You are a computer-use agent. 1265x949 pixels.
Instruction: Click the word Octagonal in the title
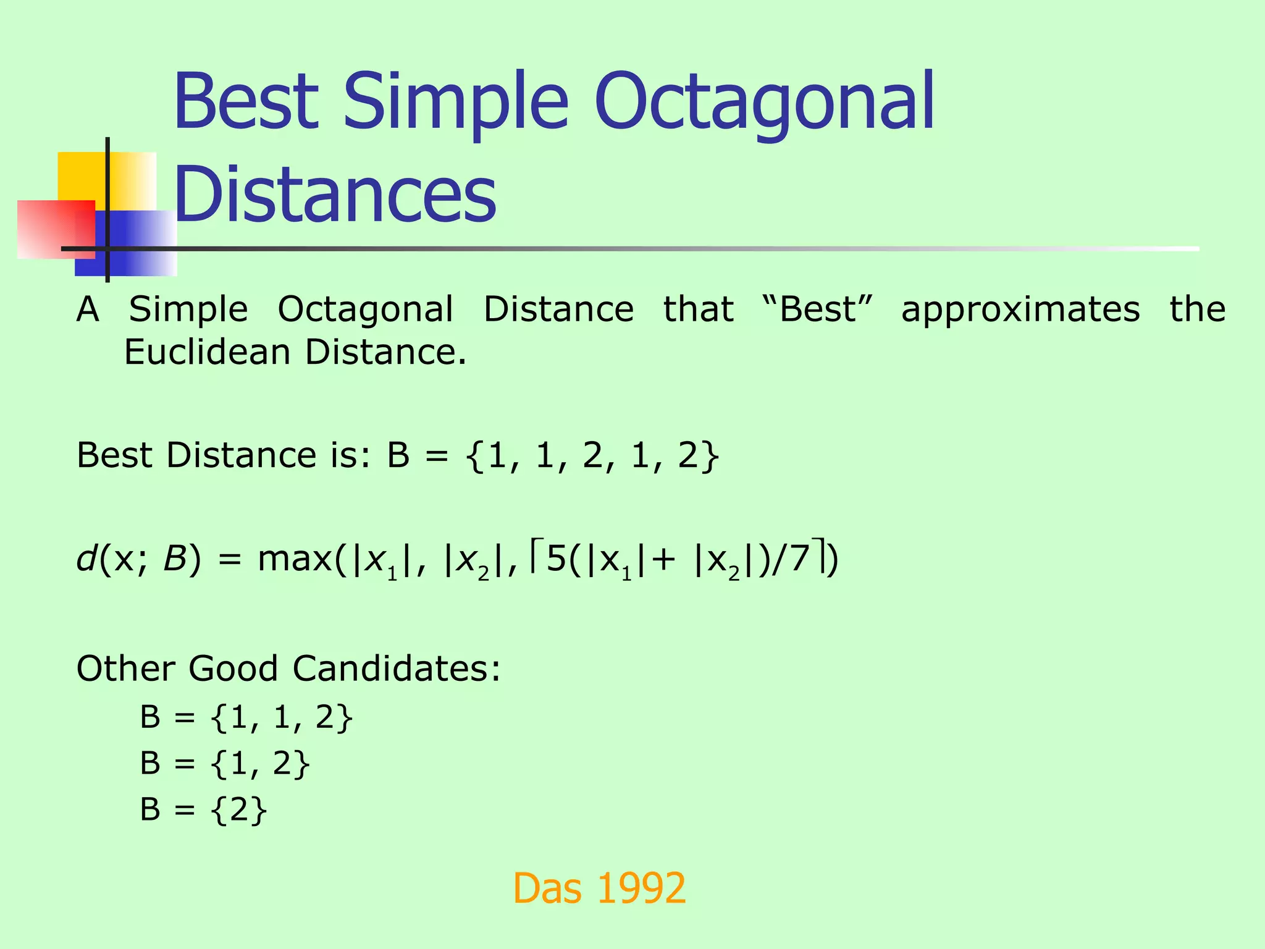(764, 102)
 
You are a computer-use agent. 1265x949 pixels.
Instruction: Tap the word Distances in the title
(335, 193)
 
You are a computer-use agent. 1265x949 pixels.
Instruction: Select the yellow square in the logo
(80, 176)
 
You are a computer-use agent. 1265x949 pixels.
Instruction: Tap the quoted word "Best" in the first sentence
(818, 309)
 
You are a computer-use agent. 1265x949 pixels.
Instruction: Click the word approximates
(1020, 309)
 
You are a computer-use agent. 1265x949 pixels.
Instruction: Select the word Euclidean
(208, 352)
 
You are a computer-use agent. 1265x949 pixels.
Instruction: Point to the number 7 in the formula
(799, 559)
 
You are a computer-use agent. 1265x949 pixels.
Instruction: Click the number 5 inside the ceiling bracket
(557, 559)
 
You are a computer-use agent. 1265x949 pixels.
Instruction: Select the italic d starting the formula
(86, 559)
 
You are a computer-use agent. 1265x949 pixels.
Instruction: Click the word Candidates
(396, 669)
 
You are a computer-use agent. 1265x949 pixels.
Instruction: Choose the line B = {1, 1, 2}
(246, 718)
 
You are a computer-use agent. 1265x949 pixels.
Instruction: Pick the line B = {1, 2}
(225, 764)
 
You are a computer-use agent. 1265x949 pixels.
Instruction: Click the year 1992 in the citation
(642, 888)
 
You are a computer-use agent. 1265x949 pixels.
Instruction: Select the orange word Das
(547, 888)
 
